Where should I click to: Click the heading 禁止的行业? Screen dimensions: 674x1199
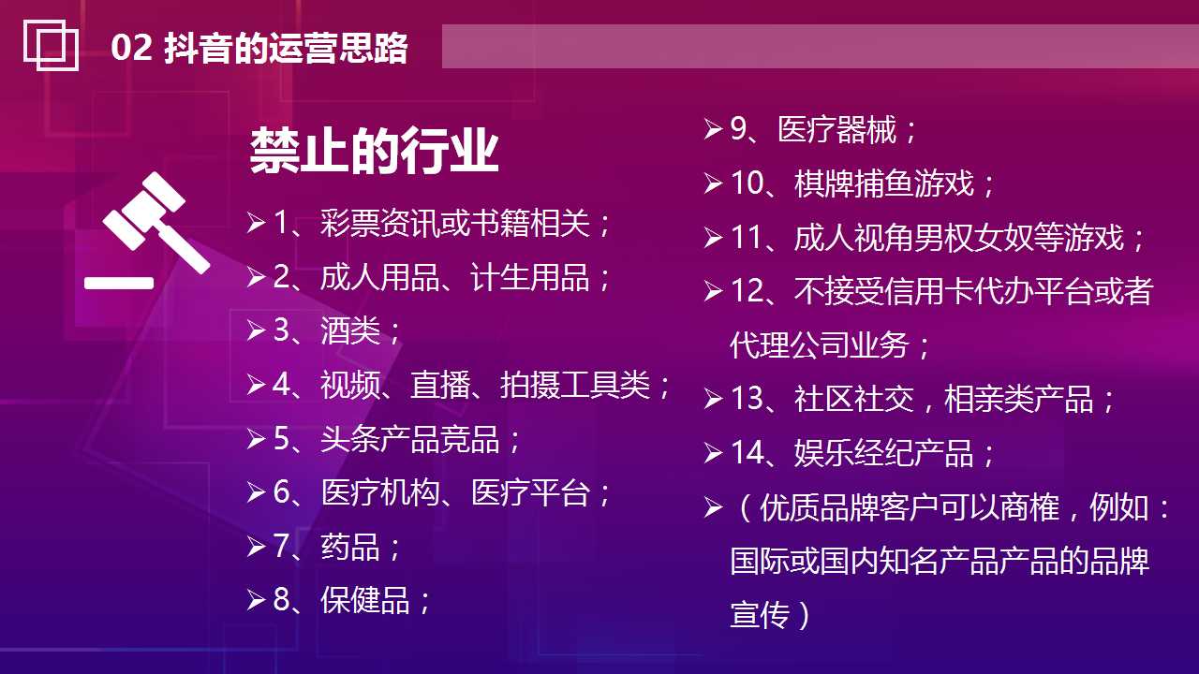point(374,151)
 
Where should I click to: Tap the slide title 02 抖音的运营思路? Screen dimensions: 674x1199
point(259,48)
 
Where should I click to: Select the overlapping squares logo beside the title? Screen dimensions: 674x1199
point(51,45)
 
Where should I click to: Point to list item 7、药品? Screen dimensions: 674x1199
point(337,547)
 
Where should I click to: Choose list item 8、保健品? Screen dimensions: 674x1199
point(352,600)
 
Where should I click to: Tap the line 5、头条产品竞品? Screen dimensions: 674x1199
point(397,439)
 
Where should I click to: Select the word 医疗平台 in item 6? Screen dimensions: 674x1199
point(530,493)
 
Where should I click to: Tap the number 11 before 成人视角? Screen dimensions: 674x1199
point(748,238)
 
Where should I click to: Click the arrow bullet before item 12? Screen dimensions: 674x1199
point(713,292)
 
